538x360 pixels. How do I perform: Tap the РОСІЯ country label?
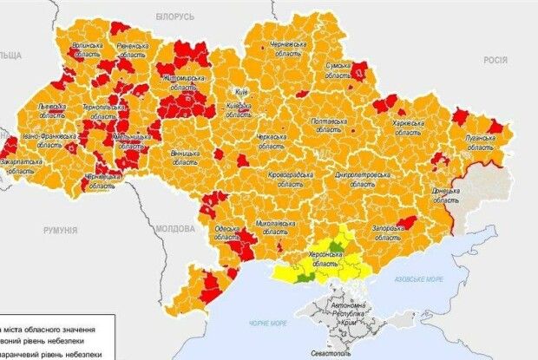(495, 59)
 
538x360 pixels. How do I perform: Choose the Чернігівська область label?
(287, 49)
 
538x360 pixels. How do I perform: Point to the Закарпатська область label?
(26, 167)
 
